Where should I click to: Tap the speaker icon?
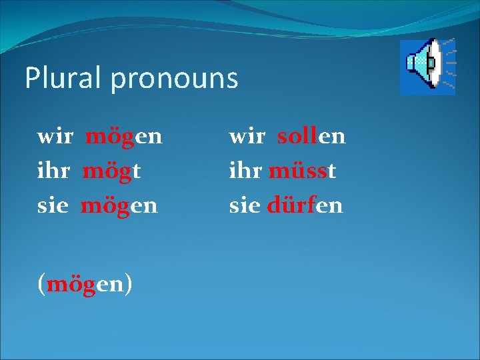[x=427, y=66]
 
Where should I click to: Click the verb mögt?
[x=111, y=171]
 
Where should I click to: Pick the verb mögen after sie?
[x=119, y=206]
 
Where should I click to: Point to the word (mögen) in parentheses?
[x=85, y=284]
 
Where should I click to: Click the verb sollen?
[x=311, y=137]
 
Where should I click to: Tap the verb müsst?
[x=302, y=171]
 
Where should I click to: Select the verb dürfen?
[x=305, y=205]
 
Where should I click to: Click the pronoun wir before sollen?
[x=247, y=137]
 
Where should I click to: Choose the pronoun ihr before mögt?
[x=54, y=171]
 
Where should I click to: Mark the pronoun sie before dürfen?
[x=245, y=205]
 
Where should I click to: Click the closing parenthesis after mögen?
[x=128, y=284]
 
